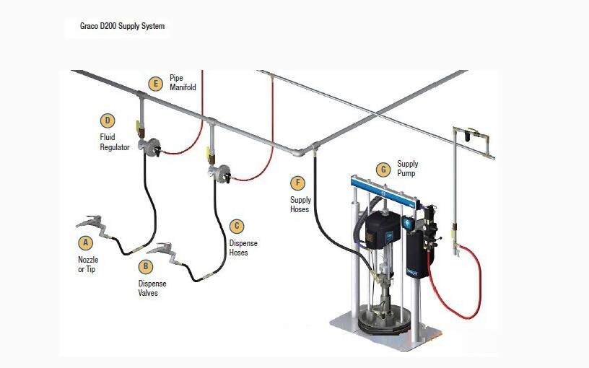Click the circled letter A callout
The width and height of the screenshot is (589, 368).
point(86,242)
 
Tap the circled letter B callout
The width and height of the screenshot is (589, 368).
point(146,266)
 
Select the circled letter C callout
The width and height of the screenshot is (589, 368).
point(237,226)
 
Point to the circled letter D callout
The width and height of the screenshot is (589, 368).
point(108,121)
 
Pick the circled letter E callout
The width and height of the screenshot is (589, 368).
point(155,84)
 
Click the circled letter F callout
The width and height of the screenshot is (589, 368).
point(297,183)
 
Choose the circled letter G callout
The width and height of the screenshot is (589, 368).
point(383,170)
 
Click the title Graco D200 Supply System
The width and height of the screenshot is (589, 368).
point(122,26)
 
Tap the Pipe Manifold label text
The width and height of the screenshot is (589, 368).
point(183,82)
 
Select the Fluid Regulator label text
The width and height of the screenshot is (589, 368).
point(115,142)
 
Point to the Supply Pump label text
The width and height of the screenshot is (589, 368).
point(408,168)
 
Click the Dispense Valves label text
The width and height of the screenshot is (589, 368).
point(152,288)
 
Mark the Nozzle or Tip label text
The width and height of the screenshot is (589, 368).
point(88,264)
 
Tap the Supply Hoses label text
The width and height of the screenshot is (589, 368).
point(300,204)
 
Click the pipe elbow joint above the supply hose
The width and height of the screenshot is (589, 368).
point(299,152)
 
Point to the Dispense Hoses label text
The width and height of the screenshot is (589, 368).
point(243,247)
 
